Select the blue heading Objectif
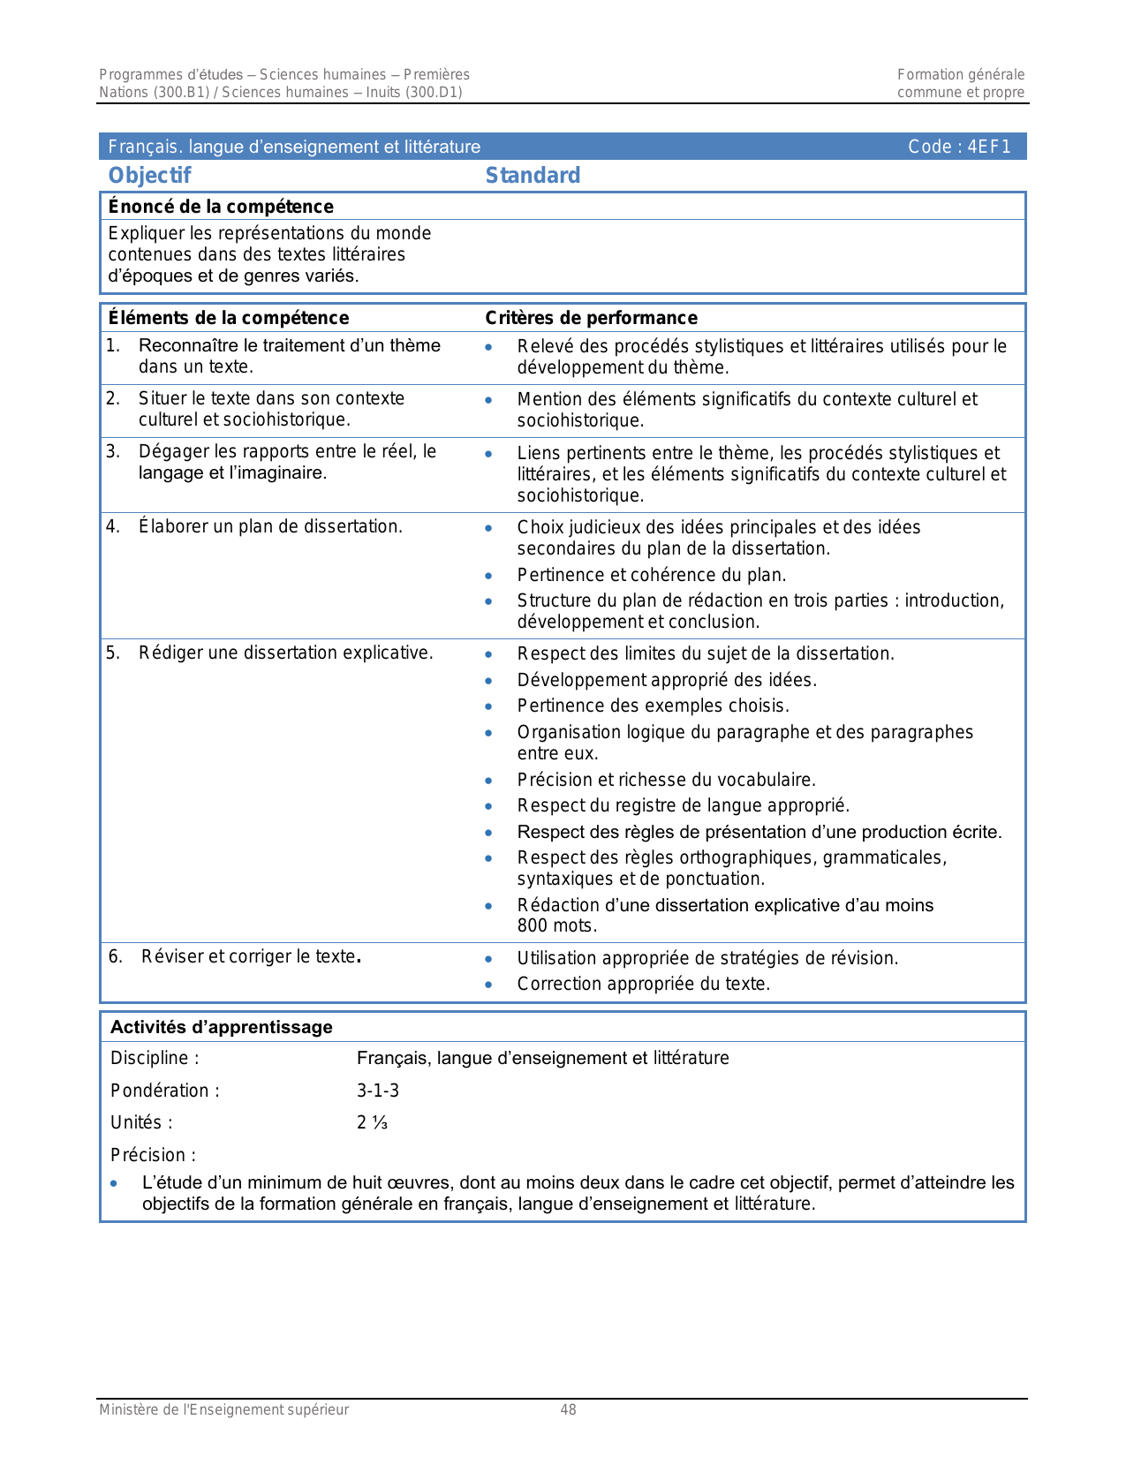(x=149, y=176)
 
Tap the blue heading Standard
(x=533, y=176)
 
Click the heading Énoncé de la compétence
(x=221, y=207)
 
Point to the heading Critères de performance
(x=591, y=318)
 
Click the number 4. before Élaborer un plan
(x=113, y=527)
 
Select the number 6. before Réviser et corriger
(x=116, y=956)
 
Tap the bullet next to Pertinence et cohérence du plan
(x=488, y=576)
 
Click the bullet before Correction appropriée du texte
(x=488, y=985)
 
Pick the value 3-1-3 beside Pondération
(x=378, y=1091)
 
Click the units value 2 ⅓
(x=372, y=1122)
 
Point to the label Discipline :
(x=155, y=1058)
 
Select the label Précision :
(x=153, y=1155)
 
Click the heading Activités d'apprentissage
(x=222, y=1027)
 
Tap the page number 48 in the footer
(x=568, y=1410)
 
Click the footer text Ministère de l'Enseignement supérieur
(x=224, y=1410)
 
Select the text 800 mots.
(x=556, y=925)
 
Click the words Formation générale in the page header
(x=961, y=75)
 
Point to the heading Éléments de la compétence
(x=228, y=318)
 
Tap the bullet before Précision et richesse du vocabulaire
(x=488, y=781)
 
